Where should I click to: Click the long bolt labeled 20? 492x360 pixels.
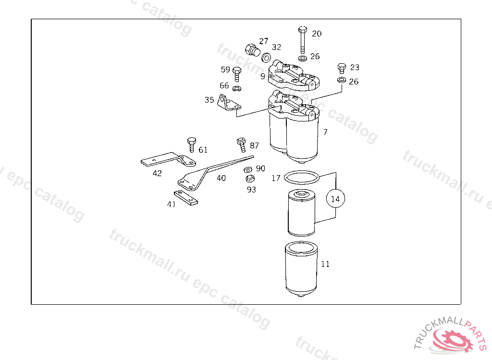[303, 40]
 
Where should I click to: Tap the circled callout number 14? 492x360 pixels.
[335, 199]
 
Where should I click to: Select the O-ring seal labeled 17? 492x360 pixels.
[302, 177]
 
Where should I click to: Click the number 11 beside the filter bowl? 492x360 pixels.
[325, 264]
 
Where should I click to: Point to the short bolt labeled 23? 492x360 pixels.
[342, 68]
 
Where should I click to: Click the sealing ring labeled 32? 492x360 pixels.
[266, 58]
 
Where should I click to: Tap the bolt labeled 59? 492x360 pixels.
[237, 74]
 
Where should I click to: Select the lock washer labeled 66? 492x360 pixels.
[237, 88]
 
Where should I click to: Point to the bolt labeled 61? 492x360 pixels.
[191, 144]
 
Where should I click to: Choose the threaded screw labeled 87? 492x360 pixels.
[241, 144]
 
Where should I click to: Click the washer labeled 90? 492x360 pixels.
[248, 169]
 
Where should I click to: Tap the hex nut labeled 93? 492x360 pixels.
[250, 179]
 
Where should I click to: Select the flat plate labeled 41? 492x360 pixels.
[186, 198]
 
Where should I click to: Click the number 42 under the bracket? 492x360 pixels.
[157, 173]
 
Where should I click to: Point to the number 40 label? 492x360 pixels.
[221, 178]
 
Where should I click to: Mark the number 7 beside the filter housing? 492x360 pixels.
[325, 132]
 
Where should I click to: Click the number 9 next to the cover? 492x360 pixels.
[263, 76]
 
